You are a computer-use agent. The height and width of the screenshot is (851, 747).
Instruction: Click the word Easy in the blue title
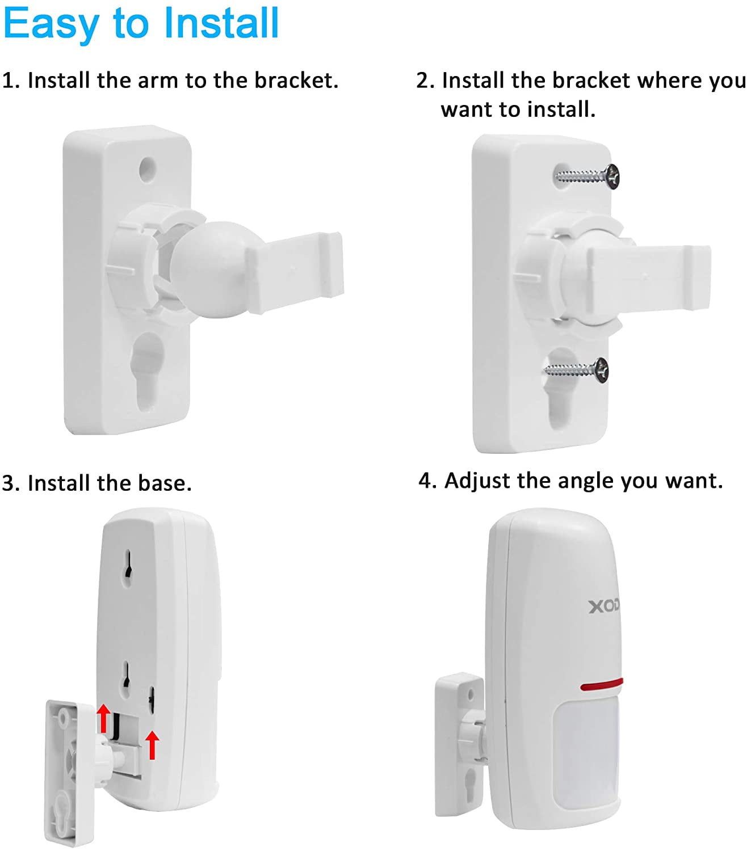51,24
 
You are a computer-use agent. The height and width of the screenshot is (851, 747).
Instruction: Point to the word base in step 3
165,483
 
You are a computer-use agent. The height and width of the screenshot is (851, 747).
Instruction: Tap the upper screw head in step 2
612,176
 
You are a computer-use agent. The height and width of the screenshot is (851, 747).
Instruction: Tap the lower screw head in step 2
602,370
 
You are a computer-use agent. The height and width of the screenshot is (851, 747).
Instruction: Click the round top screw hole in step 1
148,169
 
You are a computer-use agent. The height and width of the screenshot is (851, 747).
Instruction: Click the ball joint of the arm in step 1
210,269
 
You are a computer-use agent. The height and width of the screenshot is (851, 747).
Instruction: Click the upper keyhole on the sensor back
128,567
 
